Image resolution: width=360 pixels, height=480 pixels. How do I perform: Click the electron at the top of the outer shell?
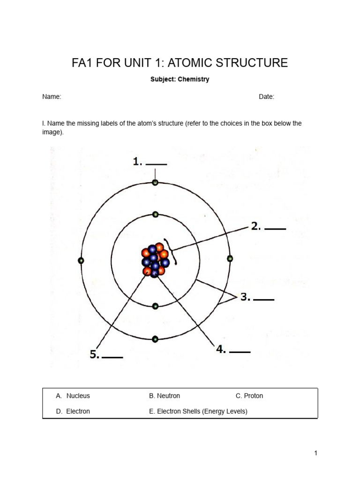[x=155, y=183]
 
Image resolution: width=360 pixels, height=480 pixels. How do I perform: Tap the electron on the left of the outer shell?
[x=81, y=260]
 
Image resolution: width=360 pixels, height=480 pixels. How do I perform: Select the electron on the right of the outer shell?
[x=230, y=258]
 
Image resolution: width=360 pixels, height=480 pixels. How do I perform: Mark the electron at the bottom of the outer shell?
[x=155, y=338]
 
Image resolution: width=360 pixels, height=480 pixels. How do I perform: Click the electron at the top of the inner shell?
[x=155, y=215]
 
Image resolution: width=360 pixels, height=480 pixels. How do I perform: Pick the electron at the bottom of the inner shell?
[x=155, y=306]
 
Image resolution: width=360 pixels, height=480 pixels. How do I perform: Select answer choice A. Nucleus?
[x=73, y=396]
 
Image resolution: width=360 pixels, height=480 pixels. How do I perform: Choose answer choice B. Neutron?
[x=165, y=396]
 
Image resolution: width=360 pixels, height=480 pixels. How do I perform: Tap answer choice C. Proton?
[x=249, y=396]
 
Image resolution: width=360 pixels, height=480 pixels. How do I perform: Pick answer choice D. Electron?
[x=73, y=411]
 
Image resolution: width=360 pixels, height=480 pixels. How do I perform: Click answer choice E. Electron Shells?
[x=198, y=411]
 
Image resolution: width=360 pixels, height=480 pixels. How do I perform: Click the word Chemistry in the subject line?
[x=193, y=79]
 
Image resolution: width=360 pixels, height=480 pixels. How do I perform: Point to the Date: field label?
[x=266, y=97]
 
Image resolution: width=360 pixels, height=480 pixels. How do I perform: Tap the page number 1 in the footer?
[x=316, y=453]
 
